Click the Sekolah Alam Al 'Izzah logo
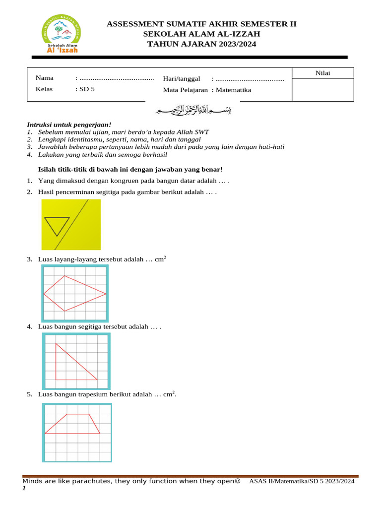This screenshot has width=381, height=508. click(63, 34)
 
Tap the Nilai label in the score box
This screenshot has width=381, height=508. click(322, 73)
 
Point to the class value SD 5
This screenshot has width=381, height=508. click(87, 90)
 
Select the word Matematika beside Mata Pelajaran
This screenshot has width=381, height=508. click(234, 90)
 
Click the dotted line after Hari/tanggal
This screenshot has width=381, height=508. click(250, 78)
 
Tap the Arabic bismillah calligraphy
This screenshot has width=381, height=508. click(193, 110)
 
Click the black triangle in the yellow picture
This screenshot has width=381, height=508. click(56, 226)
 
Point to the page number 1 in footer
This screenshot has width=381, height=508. click(24, 489)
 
